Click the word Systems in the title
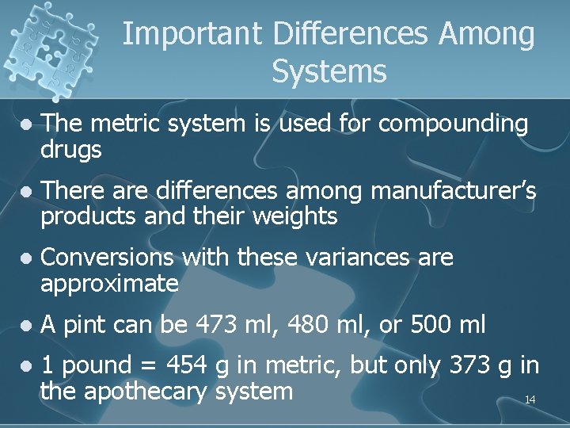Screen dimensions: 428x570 click(x=329, y=72)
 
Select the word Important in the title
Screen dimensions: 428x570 click(x=192, y=34)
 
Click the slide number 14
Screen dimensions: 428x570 click(x=530, y=400)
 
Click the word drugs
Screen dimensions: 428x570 click(x=71, y=150)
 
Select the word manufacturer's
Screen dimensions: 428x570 click(x=453, y=190)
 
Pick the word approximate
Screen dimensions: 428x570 click(x=109, y=284)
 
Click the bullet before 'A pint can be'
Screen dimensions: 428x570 click(x=26, y=325)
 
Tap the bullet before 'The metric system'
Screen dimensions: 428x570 click(x=26, y=124)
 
